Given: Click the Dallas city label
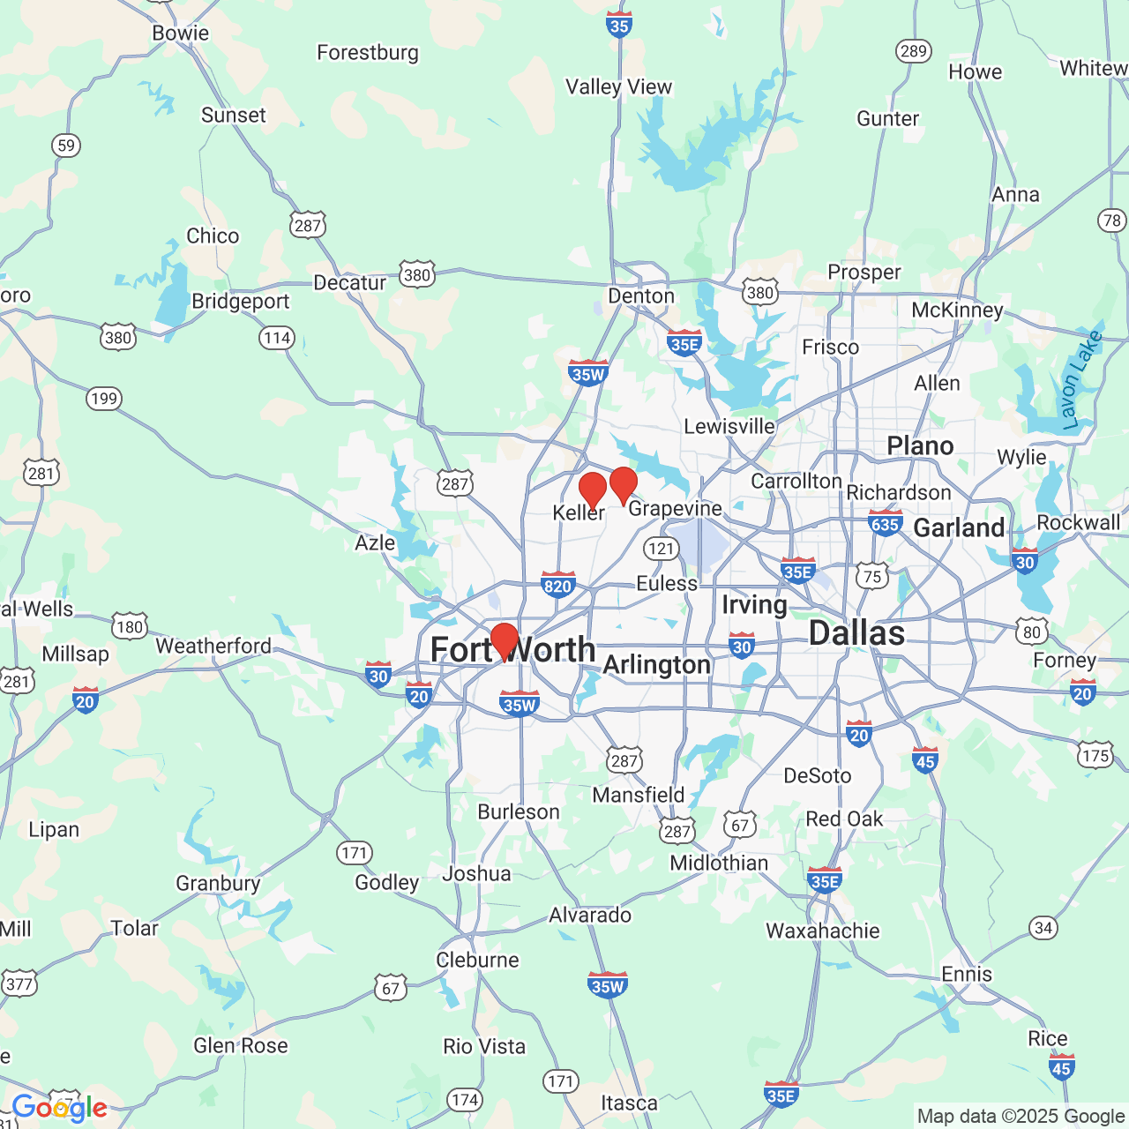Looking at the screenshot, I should pyautogui.click(x=856, y=633).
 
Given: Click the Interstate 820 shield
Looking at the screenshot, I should pyautogui.click(x=557, y=584).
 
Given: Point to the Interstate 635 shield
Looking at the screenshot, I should pyautogui.click(x=885, y=522).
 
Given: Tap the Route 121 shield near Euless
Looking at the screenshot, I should pyautogui.click(x=661, y=549).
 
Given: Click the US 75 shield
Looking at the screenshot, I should pyautogui.click(x=872, y=576).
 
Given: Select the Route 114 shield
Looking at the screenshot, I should pyautogui.click(x=277, y=338).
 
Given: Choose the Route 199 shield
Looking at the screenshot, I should pyautogui.click(x=104, y=399).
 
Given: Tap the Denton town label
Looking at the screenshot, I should pyautogui.click(x=641, y=296).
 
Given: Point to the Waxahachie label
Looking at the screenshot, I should pyautogui.click(x=822, y=931).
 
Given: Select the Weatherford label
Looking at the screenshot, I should pyautogui.click(x=213, y=647).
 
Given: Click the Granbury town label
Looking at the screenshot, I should pyautogui.click(x=218, y=883).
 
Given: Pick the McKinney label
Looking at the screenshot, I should pyautogui.click(x=957, y=310).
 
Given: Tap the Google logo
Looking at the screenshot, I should pyautogui.click(x=59, y=1108).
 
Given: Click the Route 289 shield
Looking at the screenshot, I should pyautogui.click(x=914, y=51).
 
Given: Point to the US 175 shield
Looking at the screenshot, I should pyautogui.click(x=1095, y=756).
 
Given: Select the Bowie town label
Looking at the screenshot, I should pyautogui.click(x=181, y=34).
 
